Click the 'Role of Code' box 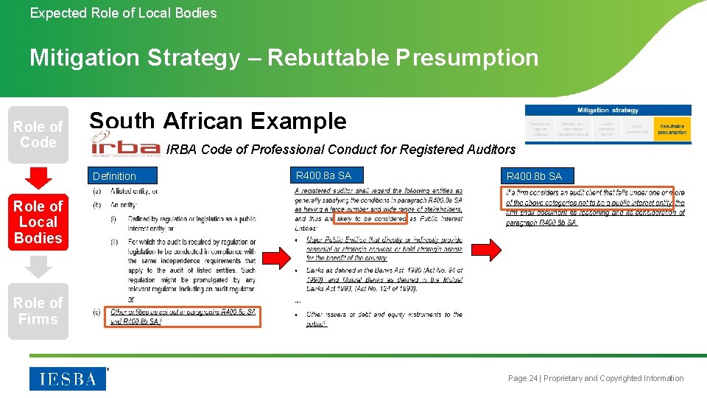38,134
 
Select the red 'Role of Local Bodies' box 38,222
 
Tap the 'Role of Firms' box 38,311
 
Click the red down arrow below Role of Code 38,178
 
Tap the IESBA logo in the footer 68,378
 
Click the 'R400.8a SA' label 323,175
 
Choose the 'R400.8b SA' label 534,176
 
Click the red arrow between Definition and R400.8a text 277,258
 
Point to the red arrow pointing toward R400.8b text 488,248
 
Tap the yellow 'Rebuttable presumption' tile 672,129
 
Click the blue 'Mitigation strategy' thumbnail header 608,111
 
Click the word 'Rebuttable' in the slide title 329,57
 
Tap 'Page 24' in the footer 522,378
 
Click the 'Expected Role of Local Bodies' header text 123,13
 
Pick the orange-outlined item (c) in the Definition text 182,316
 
